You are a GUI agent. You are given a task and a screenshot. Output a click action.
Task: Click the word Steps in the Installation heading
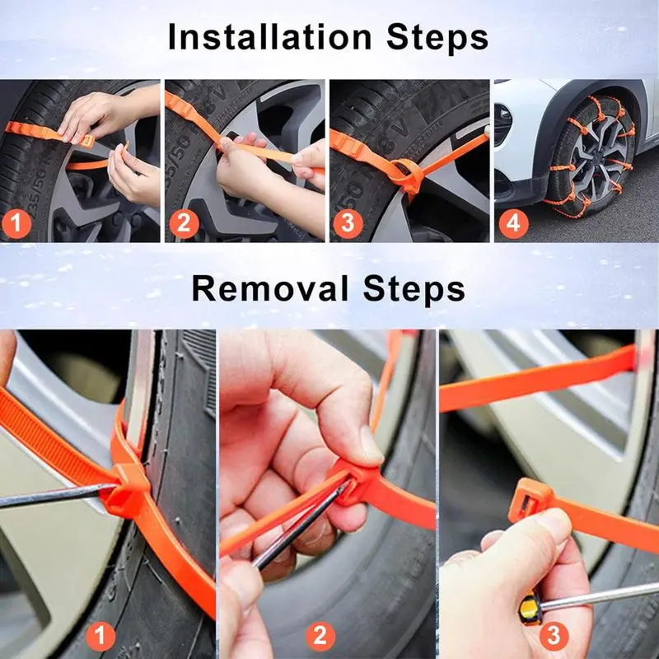click(433, 37)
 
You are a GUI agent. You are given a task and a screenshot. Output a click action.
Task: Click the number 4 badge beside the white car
click(514, 222)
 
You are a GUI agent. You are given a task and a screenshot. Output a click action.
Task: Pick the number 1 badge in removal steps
click(100, 635)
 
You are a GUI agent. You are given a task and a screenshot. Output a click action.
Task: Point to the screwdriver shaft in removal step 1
click(49, 497)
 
